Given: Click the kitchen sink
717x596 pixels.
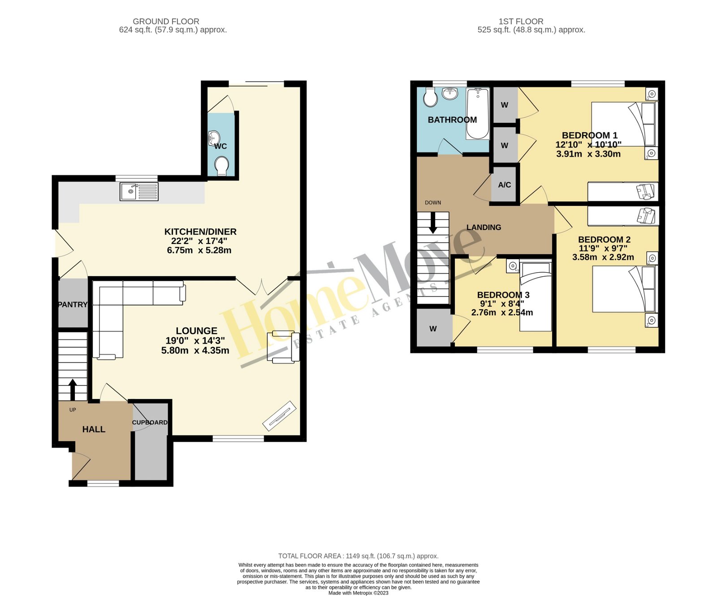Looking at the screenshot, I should (139, 191).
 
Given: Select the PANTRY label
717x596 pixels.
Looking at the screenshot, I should (73, 305).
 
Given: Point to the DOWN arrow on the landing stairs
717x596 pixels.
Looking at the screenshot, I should (433, 223).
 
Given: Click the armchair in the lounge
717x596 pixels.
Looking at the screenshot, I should (283, 346).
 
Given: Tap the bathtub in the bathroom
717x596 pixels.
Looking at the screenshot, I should (478, 113).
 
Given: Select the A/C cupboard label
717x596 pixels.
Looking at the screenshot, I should (504, 185).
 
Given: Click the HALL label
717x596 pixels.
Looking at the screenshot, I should (94, 429).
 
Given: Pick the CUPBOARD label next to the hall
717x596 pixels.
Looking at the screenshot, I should (150, 422).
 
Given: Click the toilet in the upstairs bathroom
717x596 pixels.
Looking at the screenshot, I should (430, 97).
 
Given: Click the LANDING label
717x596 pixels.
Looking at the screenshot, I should (484, 227).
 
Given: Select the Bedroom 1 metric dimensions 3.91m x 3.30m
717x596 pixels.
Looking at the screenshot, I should (588, 154).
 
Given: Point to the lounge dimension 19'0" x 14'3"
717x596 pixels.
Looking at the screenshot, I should (195, 341).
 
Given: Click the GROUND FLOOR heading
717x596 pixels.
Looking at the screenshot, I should (166, 21).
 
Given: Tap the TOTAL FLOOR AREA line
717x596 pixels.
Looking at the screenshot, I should (358, 556).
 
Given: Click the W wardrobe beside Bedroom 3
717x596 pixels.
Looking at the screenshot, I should (433, 329).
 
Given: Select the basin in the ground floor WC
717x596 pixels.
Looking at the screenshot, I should (214, 137).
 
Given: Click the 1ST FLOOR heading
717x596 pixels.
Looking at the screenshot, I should (521, 21).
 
